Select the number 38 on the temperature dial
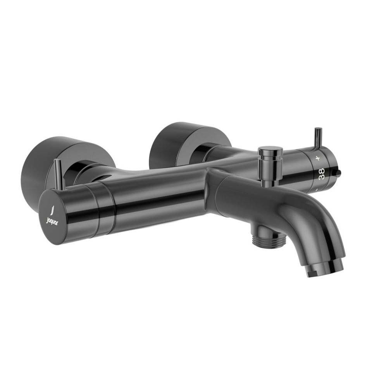[321, 174]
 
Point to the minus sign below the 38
[317, 189]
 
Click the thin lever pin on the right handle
[318, 137]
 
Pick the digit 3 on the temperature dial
[321, 177]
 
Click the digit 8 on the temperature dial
[321, 170]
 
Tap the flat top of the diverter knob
[270, 148]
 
